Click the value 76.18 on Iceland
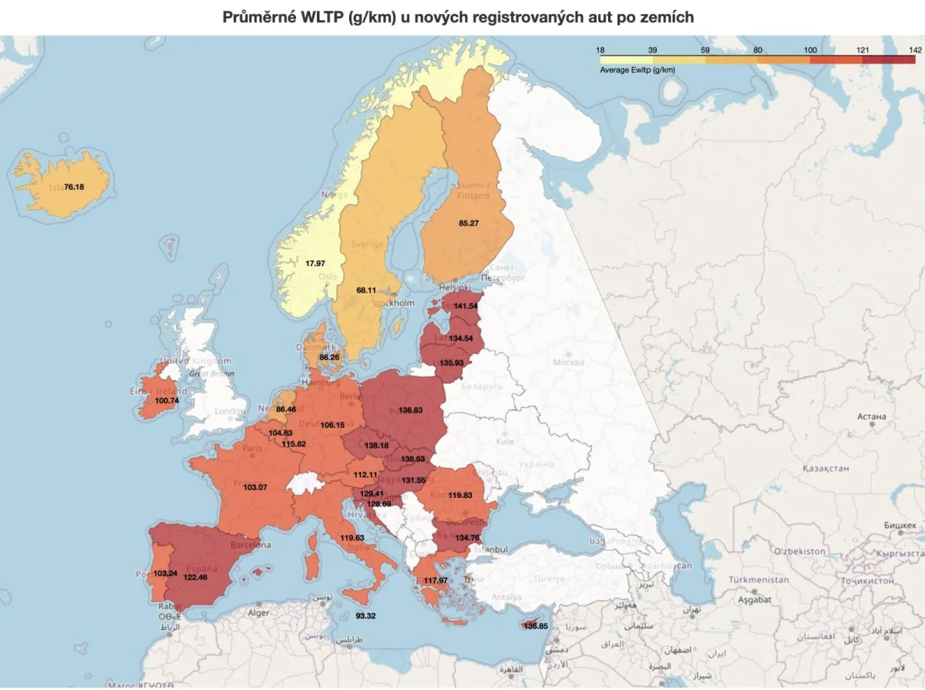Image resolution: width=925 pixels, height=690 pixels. click(74, 187)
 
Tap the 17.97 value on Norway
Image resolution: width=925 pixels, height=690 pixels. click(315, 264)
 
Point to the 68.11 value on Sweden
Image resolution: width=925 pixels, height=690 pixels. click(366, 291)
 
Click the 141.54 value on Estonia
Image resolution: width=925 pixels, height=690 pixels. click(466, 306)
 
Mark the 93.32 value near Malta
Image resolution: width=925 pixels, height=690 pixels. click(365, 616)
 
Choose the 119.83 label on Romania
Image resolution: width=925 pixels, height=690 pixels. click(459, 496)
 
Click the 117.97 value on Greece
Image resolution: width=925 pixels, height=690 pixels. click(436, 581)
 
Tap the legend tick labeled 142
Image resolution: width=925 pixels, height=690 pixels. click(915, 50)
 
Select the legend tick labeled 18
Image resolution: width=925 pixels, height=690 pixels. click(600, 50)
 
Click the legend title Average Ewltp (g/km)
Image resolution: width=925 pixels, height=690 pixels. click(637, 70)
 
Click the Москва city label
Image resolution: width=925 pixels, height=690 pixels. click(568, 362)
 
